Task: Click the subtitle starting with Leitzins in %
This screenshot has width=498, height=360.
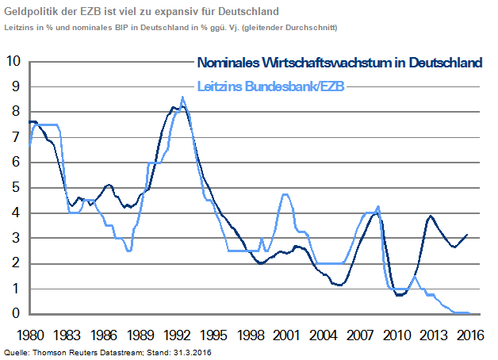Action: pyautogui.click(x=170, y=27)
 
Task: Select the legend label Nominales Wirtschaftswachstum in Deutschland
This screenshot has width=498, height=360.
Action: pyautogui.click(x=339, y=63)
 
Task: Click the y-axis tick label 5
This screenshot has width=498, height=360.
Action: pyautogui.click(x=15, y=188)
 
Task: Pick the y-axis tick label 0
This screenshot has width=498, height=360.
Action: pyautogui.click(x=15, y=314)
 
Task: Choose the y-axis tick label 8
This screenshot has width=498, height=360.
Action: pyautogui.click(x=15, y=112)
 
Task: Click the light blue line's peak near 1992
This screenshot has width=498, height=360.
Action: pyautogui.click(x=182, y=98)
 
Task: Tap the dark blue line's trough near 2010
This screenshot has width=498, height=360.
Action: pyautogui.click(x=400, y=295)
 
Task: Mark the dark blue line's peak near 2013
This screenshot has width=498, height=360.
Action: pyautogui.click(x=431, y=216)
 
